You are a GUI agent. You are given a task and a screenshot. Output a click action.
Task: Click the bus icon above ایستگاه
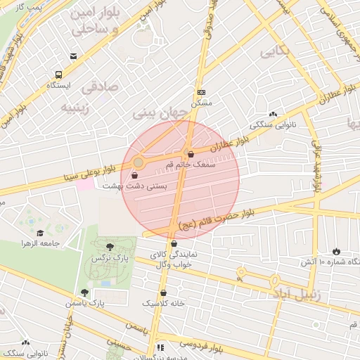pyautogui.click(x=58, y=74)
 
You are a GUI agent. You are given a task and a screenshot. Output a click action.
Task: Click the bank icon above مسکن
pyautogui.click(x=202, y=92)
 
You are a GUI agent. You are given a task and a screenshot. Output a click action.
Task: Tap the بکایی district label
pyautogui.click(x=275, y=52)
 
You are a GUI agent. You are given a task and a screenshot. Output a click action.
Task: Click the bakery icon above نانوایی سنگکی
pyautogui.click(x=274, y=114)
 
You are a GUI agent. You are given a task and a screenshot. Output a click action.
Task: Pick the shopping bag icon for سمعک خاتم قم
pyautogui.click(x=191, y=154)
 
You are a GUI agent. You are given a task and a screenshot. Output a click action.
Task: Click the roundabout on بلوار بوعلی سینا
pyautogui.click(x=139, y=163)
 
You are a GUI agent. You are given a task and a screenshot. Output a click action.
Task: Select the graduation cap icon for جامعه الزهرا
pyautogui.click(x=40, y=233)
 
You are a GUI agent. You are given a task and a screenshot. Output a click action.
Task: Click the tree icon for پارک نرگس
pyautogui.click(x=109, y=246)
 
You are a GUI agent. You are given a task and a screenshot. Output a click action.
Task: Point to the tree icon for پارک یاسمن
pyautogui.click(x=85, y=292)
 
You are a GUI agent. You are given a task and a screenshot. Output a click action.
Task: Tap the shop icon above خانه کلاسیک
pyautogui.click(x=164, y=292)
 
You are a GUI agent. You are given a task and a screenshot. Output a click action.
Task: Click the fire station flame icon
pyautogui.click(x=336, y=251)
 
